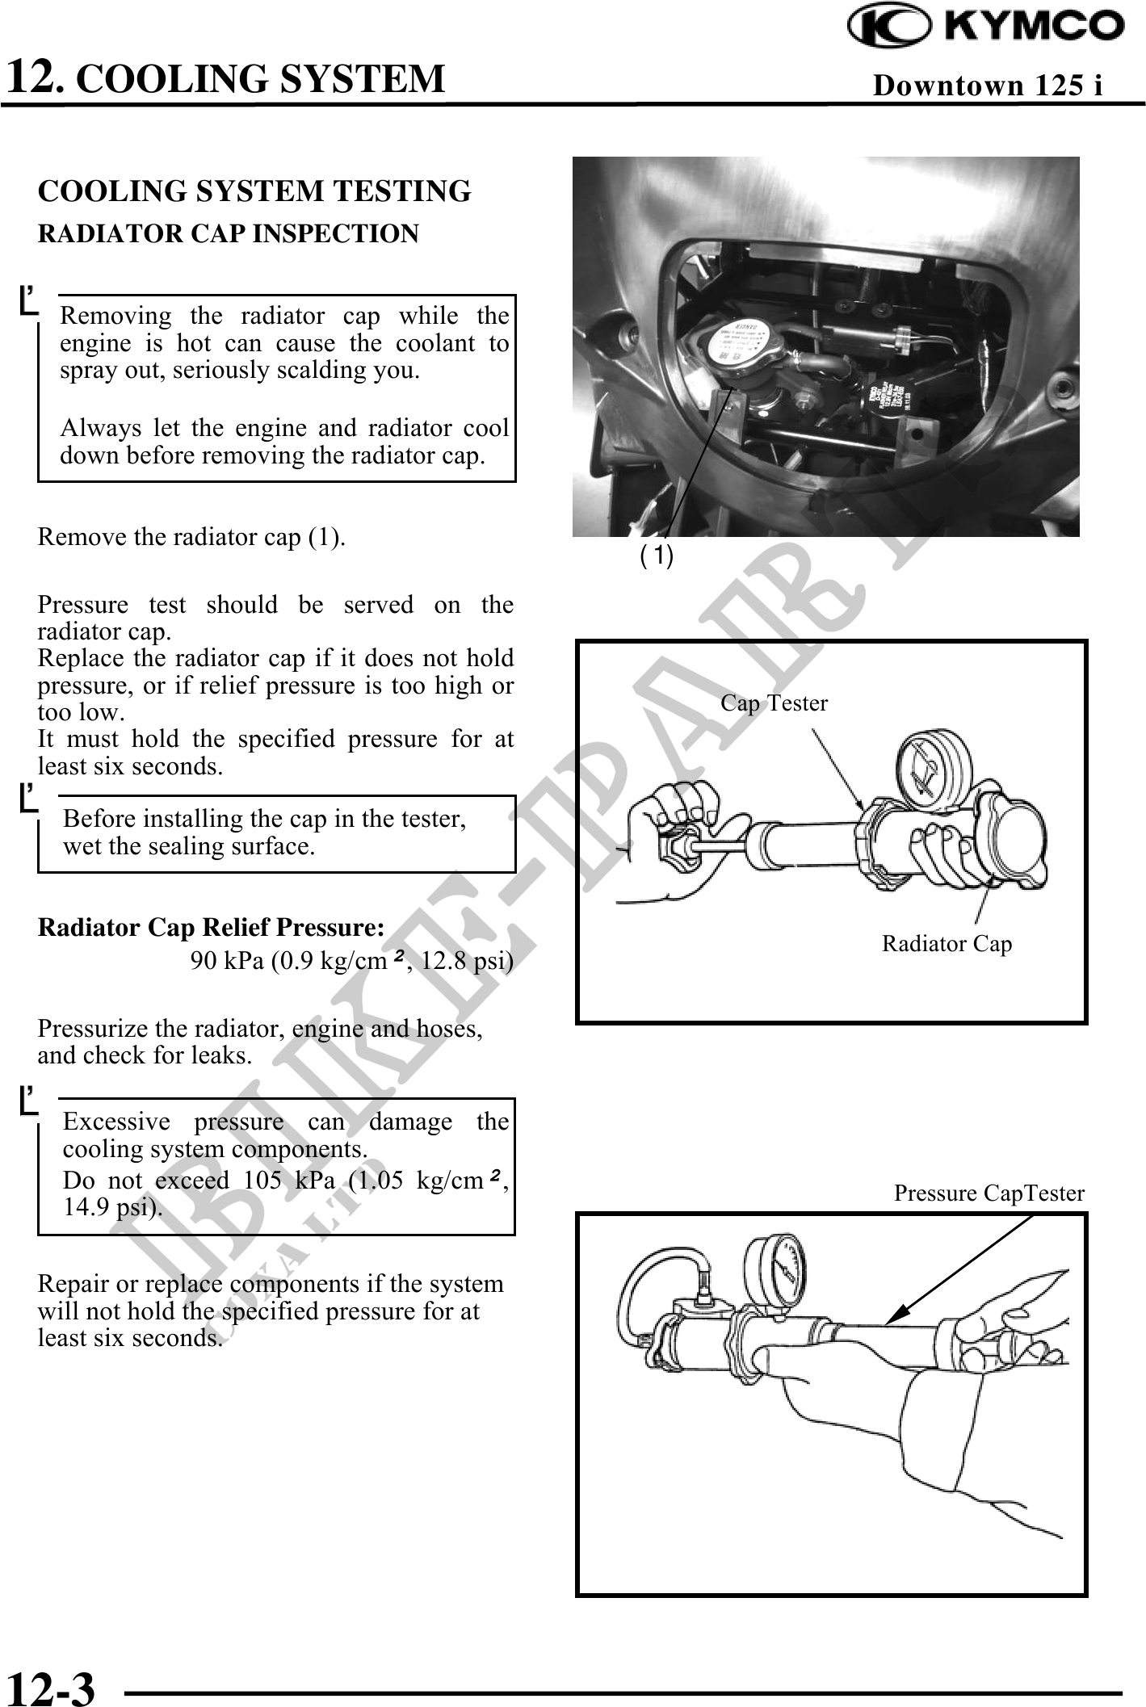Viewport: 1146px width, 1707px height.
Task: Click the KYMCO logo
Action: pos(986,26)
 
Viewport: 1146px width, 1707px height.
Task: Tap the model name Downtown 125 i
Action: pos(988,85)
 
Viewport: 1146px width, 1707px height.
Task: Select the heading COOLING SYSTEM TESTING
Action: pos(254,191)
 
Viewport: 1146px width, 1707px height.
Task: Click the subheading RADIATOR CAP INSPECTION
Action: pos(229,233)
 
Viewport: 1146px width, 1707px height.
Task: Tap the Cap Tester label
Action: pos(774,703)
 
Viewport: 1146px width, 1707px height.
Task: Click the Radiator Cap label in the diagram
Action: pos(947,943)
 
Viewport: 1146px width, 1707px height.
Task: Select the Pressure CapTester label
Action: pos(989,1193)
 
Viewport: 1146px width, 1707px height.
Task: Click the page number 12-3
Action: pos(51,1686)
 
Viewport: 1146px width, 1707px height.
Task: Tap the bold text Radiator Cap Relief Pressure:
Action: pos(212,928)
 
